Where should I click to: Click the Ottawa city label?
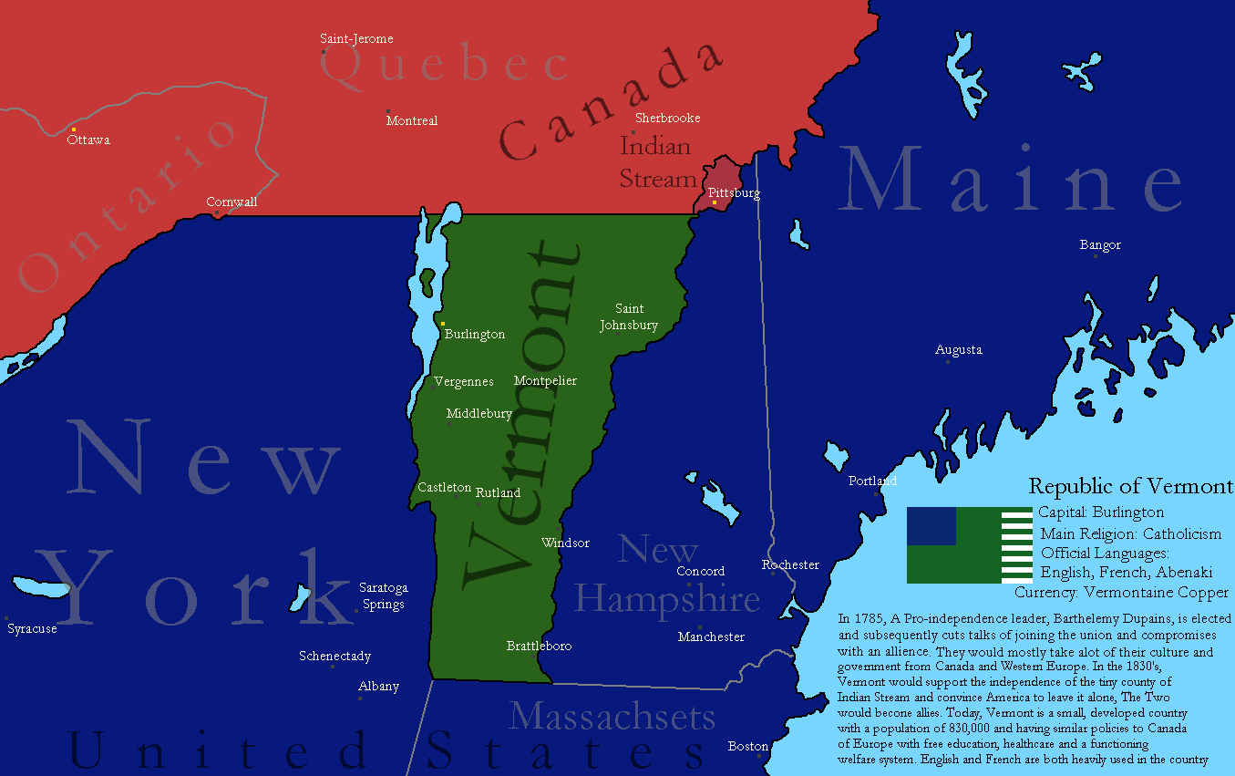(88, 140)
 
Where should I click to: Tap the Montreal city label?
(411, 120)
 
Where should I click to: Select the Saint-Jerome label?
(356, 39)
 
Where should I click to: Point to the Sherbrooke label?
(667, 118)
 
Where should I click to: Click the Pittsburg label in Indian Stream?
(734, 193)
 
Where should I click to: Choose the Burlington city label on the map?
(474, 335)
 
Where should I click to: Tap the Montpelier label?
(545, 380)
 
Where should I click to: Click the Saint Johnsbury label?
(629, 317)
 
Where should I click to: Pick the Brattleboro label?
(539, 646)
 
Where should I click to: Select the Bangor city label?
(1100, 245)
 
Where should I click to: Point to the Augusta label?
(959, 350)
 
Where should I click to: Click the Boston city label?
(748, 746)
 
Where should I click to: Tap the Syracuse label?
(32, 629)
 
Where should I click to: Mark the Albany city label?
(378, 686)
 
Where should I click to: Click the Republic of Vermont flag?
(969, 545)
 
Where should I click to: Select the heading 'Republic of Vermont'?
(1130, 486)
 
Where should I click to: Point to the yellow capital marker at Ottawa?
(74, 129)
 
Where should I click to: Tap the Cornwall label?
(232, 202)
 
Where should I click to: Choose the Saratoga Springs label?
(383, 595)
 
